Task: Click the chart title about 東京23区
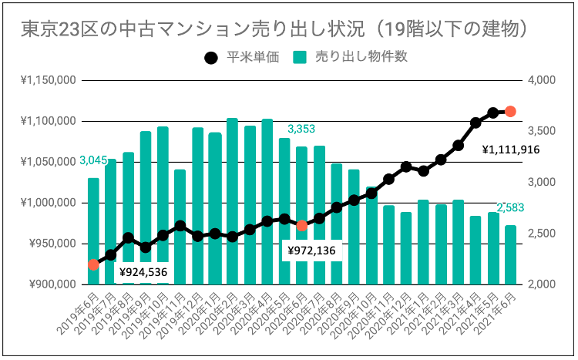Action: tap(274, 28)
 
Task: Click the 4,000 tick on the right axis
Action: tap(542, 80)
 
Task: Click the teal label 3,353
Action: tap(301, 128)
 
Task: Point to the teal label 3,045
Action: tap(92, 160)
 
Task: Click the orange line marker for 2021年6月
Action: tap(509, 112)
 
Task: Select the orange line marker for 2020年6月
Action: tap(302, 225)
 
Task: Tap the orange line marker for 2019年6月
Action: tap(93, 264)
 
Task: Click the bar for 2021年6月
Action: tap(510, 254)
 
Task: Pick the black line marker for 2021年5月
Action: tap(492, 113)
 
